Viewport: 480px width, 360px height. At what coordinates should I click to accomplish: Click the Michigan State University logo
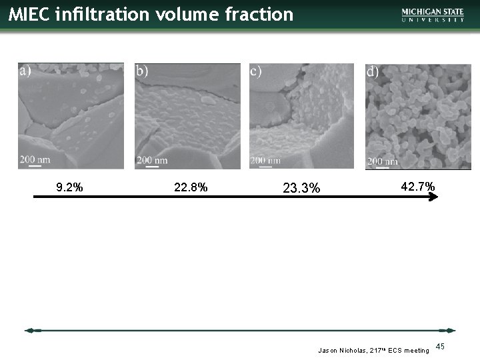(433, 15)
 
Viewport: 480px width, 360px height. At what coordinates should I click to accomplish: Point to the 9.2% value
(69, 188)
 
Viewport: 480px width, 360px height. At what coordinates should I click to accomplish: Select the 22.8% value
(191, 188)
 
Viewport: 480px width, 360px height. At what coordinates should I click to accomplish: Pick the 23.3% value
(301, 189)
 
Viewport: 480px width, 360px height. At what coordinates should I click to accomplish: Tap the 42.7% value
(417, 187)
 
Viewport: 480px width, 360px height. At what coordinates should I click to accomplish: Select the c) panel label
(255, 71)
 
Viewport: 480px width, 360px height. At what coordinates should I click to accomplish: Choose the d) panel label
(373, 71)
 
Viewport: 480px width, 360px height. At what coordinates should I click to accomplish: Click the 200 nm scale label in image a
(35, 159)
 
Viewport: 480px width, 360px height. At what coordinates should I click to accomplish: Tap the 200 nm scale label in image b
(152, 160)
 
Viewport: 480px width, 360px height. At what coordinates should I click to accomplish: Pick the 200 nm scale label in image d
(383, 161)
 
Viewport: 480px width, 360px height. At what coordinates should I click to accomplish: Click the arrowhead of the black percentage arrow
(437, 197)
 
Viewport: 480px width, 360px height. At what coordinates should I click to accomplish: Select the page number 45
(440, 346)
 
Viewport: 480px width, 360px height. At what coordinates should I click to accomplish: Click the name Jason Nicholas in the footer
(341, 349)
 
